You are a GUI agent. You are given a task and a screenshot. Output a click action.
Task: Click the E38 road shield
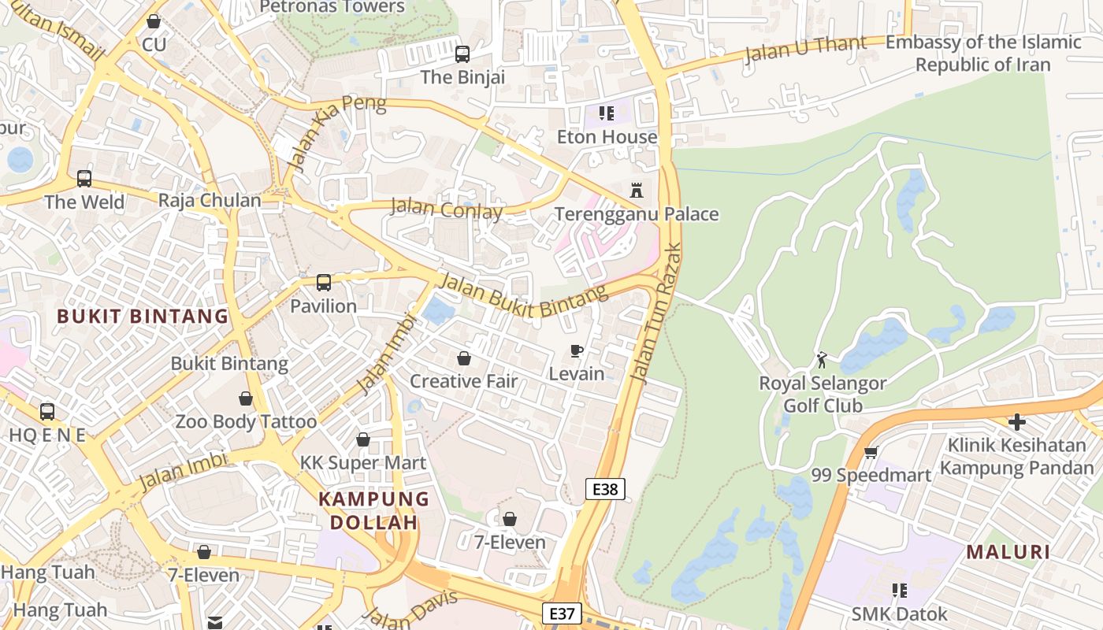tap(605, 489)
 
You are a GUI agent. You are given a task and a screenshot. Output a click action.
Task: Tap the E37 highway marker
tap(562, 613)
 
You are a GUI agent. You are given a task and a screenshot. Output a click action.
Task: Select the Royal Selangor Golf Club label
tap(823, 395)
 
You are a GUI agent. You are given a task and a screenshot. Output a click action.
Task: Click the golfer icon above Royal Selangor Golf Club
tap(823, 360)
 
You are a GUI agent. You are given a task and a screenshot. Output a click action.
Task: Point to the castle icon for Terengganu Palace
tap(637, 190)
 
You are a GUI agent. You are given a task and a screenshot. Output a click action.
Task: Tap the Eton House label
tap(607, 137)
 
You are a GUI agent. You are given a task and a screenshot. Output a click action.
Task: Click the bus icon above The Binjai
tap(462, 54)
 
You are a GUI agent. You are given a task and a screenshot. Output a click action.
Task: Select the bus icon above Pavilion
tap(323, 283)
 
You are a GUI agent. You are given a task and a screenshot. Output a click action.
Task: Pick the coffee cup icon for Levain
tap(577, 351)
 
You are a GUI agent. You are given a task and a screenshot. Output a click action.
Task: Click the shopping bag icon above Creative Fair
tap(464, 358)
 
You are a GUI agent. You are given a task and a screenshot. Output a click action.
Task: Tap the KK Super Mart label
tap(363, 463)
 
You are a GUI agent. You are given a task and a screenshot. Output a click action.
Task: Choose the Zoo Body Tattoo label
tap(246, 422)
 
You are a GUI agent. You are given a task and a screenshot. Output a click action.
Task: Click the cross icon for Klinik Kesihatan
tap(1017, 422)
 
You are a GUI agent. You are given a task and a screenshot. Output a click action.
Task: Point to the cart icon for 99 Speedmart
tap(871, 452)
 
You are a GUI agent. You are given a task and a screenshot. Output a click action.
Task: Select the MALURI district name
tap(1008, 552)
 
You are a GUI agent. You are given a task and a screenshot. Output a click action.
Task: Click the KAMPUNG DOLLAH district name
tap(373, 510)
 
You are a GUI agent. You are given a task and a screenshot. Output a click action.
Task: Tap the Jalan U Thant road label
tap(805, 49)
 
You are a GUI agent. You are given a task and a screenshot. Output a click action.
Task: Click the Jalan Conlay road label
tap(446, 209)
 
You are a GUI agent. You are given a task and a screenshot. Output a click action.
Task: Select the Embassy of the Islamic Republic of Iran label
tap(983, 54)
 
